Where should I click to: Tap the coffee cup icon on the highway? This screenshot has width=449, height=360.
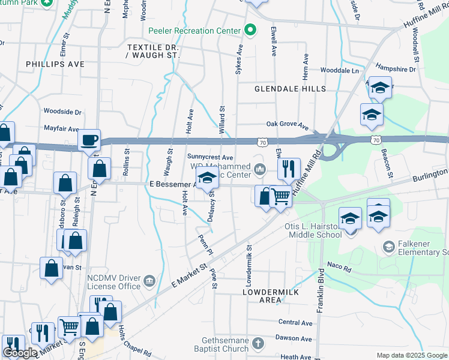[90, 140]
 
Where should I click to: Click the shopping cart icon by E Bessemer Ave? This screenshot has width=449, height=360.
[280, 196]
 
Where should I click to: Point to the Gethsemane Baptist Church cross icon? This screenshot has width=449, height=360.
[258, 344]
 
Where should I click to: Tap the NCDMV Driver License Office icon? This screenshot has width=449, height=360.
[149, 280]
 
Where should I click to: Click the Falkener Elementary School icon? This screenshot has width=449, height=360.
[388, 247]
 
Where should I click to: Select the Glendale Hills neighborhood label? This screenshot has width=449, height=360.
[290, 89]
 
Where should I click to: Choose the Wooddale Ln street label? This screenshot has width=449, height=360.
[339, 70]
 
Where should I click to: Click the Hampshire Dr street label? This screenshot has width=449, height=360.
[395, 69]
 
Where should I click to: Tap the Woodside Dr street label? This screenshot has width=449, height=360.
[62, 112]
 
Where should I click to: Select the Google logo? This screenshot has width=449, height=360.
[20, 353]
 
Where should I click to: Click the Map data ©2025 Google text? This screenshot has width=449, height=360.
[412, 355]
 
